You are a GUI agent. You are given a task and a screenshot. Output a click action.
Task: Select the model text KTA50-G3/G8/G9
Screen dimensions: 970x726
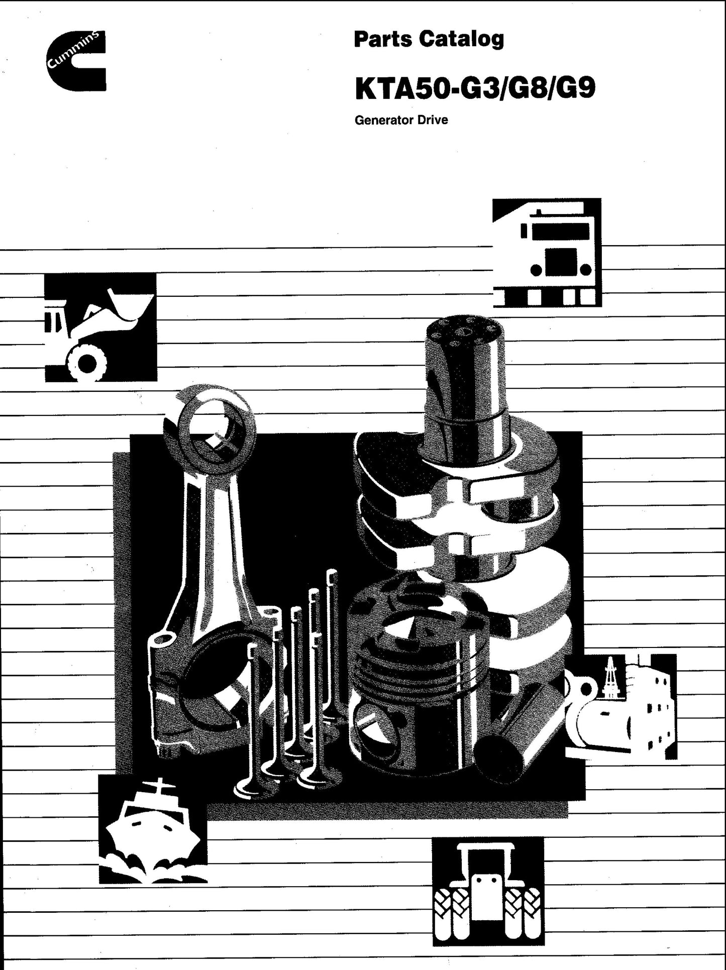(x=475, y=88)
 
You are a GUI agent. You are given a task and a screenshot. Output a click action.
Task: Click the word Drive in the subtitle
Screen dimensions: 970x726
(x=433, y=121)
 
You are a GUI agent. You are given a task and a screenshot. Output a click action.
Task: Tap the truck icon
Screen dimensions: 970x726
(x=547, y=253)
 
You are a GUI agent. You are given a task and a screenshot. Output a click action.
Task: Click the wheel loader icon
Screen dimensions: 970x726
(x=100, y=327)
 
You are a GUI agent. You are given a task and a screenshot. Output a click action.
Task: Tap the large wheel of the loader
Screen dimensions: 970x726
(x=87, y=363)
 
